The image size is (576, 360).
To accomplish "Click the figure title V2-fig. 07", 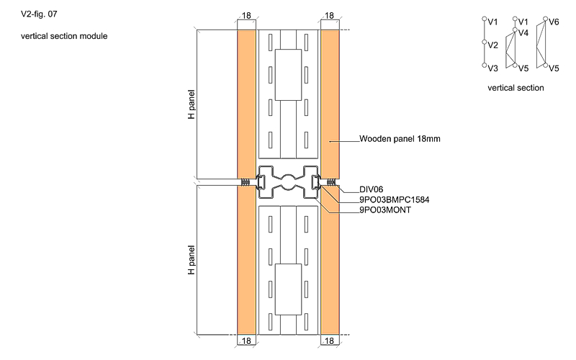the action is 39,14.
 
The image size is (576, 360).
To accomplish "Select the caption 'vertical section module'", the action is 64,36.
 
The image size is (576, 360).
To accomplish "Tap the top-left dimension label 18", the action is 246,15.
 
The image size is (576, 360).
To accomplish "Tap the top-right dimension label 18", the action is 329,15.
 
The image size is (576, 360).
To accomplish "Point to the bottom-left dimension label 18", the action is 246,341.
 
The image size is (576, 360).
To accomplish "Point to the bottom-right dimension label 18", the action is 329,341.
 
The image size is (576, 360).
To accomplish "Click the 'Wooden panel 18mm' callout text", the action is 400,139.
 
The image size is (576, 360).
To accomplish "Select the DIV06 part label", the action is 371,189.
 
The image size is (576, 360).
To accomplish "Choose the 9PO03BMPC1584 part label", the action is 394,199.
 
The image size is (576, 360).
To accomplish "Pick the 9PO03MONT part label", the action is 385,210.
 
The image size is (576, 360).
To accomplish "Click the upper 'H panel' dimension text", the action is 191,104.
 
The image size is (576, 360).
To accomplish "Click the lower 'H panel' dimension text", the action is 191,260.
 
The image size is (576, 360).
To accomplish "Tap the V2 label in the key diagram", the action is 493,45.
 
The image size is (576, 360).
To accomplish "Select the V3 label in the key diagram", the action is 493,68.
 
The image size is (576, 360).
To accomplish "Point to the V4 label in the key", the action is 523,33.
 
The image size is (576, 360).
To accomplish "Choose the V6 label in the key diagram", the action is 554,22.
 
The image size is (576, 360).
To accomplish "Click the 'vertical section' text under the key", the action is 516,88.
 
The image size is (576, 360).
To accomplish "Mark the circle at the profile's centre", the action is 289,183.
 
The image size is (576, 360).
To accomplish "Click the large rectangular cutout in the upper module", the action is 289,75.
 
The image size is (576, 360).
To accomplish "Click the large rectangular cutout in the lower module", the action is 289,289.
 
